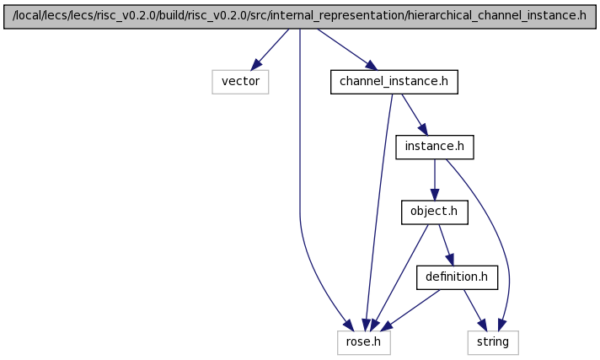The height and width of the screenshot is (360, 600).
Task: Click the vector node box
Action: (240, 82)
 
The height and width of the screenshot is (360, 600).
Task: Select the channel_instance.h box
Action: (394, 82)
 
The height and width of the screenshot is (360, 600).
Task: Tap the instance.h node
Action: (435, 147)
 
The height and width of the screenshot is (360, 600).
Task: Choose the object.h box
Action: (435, 212)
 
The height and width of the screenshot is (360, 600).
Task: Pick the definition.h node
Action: (458, 277)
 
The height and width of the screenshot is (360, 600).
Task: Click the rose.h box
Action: (364, 342)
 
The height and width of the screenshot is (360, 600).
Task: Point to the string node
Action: (493, 342)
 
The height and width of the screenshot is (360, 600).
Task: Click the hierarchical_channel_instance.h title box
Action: (300, 16)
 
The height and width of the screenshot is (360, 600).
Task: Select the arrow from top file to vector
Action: (270, 50)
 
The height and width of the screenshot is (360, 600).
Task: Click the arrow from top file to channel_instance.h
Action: (347, 50)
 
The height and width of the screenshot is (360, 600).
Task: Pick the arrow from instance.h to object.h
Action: (435, 180)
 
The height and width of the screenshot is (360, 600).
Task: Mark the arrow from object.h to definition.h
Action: (446, 245)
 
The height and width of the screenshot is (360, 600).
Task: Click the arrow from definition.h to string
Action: (475, 310)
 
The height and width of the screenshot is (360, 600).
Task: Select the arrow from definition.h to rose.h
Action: (410, 310)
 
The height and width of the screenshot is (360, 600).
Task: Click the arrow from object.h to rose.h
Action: (400, 277)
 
